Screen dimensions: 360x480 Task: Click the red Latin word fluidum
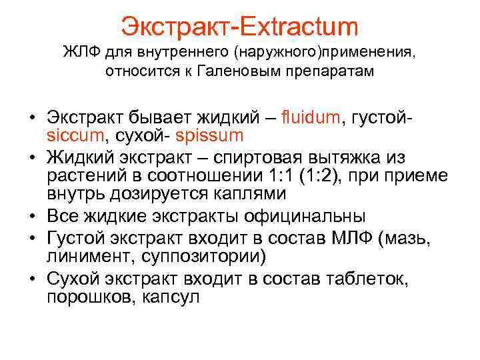pyautogui.click(x=291, y=119)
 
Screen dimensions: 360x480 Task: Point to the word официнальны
pyautogui.click(x=297, y=217)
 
